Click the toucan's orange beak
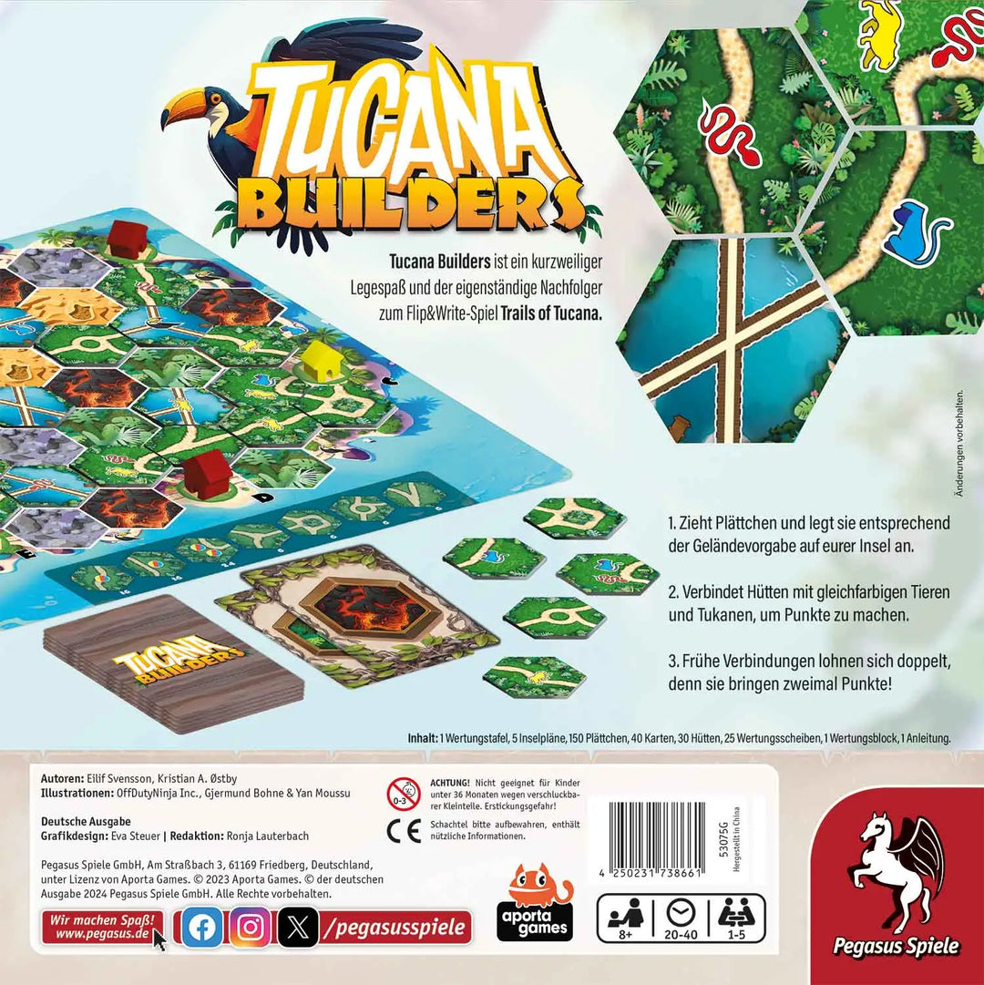[187, 110]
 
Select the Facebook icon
[201, 927]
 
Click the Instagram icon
[250, 927]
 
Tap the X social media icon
[298, 928]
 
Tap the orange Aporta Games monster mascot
[538, 889]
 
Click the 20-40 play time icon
[681, 917]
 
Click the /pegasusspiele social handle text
[397, 928]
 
